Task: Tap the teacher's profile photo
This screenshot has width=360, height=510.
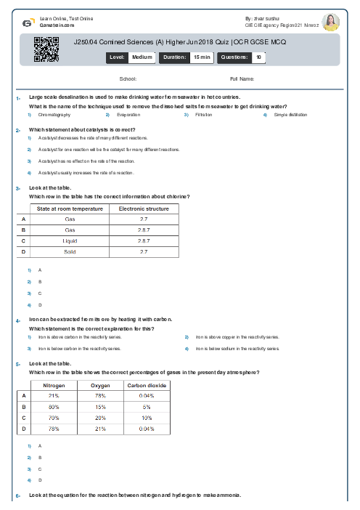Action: [330, 22]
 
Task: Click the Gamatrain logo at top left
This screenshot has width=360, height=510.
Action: [28, 22]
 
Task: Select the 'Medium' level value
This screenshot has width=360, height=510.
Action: [142, 56]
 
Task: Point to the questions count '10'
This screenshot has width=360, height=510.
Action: [259, 56]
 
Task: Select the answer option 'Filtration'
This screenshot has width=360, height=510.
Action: [203, 115]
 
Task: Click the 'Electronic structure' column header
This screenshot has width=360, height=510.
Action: [144, 209]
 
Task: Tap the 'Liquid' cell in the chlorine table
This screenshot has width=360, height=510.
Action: [70, 240]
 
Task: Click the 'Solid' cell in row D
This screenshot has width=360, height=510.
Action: [70, 251]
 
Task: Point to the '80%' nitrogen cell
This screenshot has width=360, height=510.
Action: [54, 407]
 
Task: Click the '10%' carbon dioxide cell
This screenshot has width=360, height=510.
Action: [147, 418]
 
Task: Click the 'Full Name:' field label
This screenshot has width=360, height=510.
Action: [242, 78]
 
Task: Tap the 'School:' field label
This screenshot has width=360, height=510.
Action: [128, 78]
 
